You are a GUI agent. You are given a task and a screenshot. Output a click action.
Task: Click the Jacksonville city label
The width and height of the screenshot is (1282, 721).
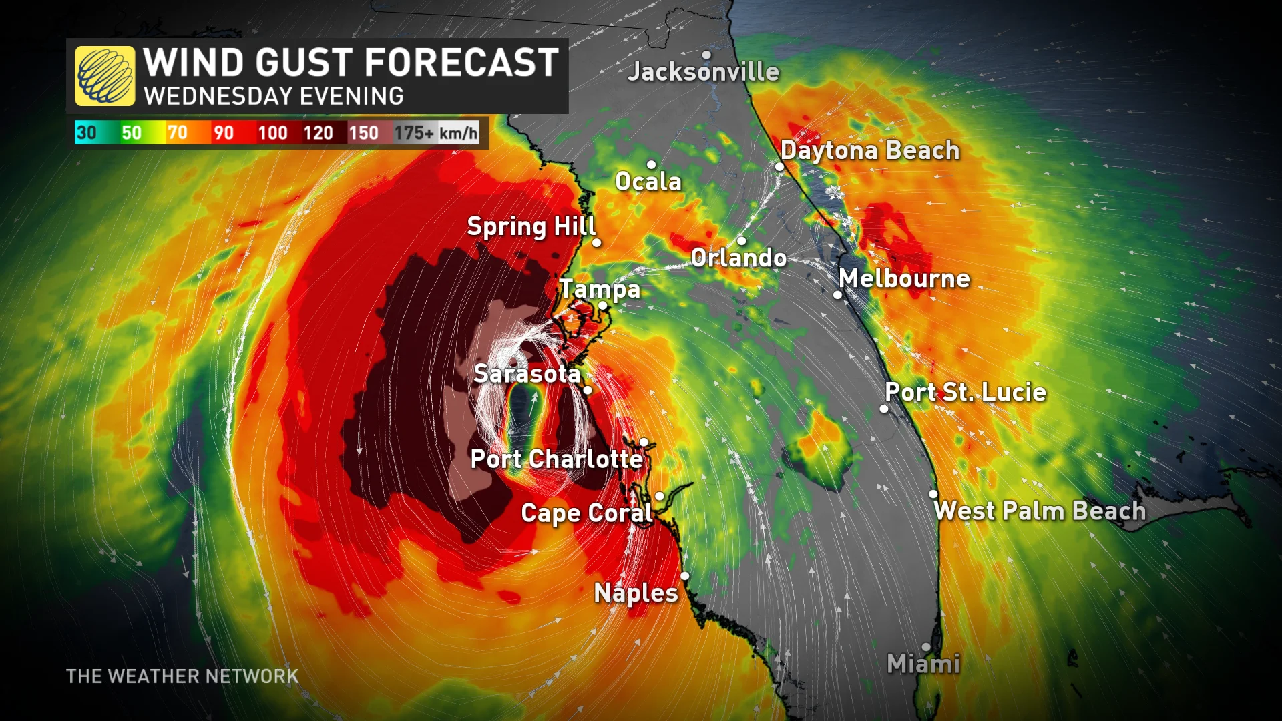(x=703, y=72)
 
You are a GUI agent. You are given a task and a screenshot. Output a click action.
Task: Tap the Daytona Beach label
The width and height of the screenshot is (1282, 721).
(x=870, y=151)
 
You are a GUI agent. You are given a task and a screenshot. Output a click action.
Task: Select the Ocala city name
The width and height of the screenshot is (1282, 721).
(x=648, y=182)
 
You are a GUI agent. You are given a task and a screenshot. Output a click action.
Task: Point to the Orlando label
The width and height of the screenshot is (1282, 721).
(x=738, y=258)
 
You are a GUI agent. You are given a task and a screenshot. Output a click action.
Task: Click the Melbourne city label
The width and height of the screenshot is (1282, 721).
(x=904, y=279)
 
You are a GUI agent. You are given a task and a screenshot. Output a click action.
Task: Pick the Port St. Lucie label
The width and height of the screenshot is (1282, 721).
(x=966, y=393)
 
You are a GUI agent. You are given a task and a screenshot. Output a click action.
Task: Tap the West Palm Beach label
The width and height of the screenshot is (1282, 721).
(x=1040, y=511)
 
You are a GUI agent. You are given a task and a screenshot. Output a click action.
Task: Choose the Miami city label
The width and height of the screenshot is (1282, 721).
(x=923, y=664)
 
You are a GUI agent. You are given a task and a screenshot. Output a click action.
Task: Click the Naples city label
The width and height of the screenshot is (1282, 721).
(x=636, y=593)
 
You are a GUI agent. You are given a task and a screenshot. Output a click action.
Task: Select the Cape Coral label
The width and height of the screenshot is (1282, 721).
(x=586, y=513)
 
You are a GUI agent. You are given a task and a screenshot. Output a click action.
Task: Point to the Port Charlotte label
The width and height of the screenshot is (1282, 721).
(x=557, y=459)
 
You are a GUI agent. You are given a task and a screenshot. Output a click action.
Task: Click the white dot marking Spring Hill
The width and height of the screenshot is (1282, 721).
(x=597, y=243)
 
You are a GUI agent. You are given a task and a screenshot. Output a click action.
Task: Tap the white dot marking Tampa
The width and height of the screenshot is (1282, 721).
(x=602, y=306)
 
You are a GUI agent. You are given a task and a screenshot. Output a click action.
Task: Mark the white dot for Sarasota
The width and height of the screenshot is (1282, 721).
(x=588, y=391)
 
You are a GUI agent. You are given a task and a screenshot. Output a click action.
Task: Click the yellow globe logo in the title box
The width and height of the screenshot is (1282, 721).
(x=105, y=76)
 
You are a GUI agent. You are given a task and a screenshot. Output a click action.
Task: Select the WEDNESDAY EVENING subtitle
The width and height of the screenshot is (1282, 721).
(x=274, y=97)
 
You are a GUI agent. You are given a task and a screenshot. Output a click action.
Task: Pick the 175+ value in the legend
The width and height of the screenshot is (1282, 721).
(x=414, y=133)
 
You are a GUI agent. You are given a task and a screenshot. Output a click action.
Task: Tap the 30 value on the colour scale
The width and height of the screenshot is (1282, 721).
(x=86, y=133)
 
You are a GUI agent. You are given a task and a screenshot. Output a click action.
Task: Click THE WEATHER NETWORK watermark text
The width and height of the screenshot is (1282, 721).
(x=182, y=676)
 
